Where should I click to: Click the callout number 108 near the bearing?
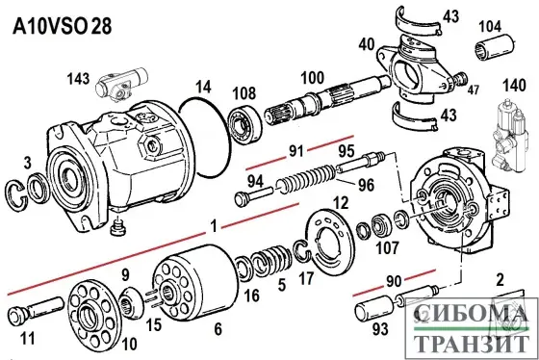[244, 92]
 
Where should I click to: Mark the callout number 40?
[366, 43]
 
